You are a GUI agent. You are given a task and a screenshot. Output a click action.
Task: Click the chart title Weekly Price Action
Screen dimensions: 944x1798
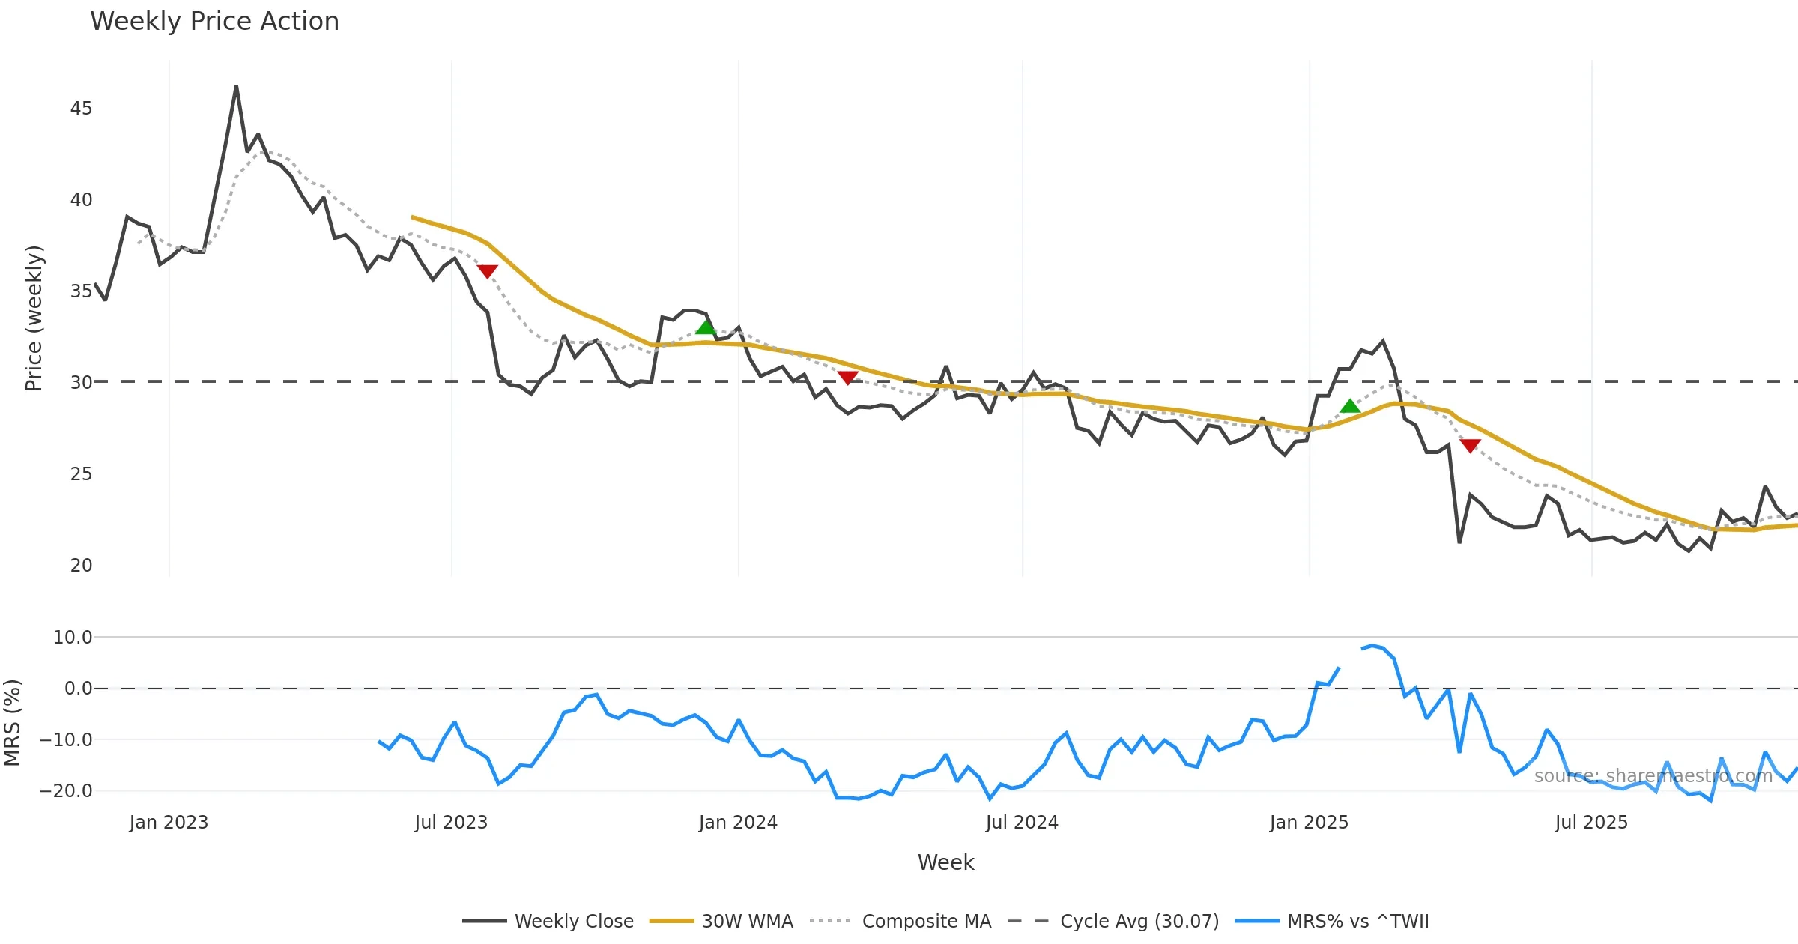[214, 22]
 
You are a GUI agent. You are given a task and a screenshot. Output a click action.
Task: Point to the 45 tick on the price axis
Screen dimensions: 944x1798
[81, 109]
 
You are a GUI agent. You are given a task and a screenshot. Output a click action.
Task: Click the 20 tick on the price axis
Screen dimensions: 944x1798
[81, 566]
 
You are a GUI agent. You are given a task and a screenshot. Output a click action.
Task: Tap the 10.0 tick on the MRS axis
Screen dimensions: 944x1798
[73, 638]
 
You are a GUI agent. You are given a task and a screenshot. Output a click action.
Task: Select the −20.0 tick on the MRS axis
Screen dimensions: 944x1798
[66, 791]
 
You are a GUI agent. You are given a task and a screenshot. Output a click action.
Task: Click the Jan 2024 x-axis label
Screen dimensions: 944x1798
[738, 823]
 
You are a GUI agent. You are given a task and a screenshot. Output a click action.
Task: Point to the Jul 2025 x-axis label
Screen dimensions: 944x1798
[1591, 823]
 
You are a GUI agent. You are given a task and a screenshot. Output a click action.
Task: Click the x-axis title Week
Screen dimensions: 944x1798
[945, 862]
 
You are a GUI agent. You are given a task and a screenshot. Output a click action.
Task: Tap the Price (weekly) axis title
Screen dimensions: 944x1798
[34, 318]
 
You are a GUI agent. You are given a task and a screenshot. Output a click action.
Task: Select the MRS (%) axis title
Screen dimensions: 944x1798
[12, 722]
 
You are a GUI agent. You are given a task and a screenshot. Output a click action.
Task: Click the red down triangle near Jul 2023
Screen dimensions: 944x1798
[487, 271]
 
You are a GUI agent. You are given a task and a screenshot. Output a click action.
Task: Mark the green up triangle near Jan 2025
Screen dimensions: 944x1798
[1350, 406]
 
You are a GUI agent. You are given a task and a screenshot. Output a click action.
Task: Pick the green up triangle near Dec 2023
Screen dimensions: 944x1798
[706, 327]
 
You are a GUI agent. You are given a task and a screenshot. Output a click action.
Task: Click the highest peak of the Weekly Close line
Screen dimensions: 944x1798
[236, 87]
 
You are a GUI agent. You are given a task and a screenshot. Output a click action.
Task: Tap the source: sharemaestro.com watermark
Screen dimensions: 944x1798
[1653, 776]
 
